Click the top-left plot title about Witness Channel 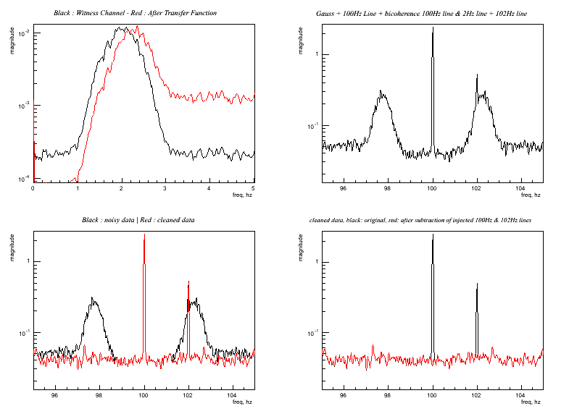coord(135,13)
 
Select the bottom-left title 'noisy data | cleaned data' coord(138,219)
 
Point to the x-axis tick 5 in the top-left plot coord(253,188)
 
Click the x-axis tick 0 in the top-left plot coord(33,188)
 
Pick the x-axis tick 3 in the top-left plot coord(165,188)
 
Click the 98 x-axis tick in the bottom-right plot coord(389,395)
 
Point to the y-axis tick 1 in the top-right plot coord(316,54)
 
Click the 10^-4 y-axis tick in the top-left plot coord(23,179)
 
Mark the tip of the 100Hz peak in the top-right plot coord(433,28)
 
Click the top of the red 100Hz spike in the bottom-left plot coord(144,235)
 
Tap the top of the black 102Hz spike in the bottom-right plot coord(477,284)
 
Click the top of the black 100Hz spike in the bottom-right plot coord(433,235)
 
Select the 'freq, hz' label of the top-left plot coord(243,195)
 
